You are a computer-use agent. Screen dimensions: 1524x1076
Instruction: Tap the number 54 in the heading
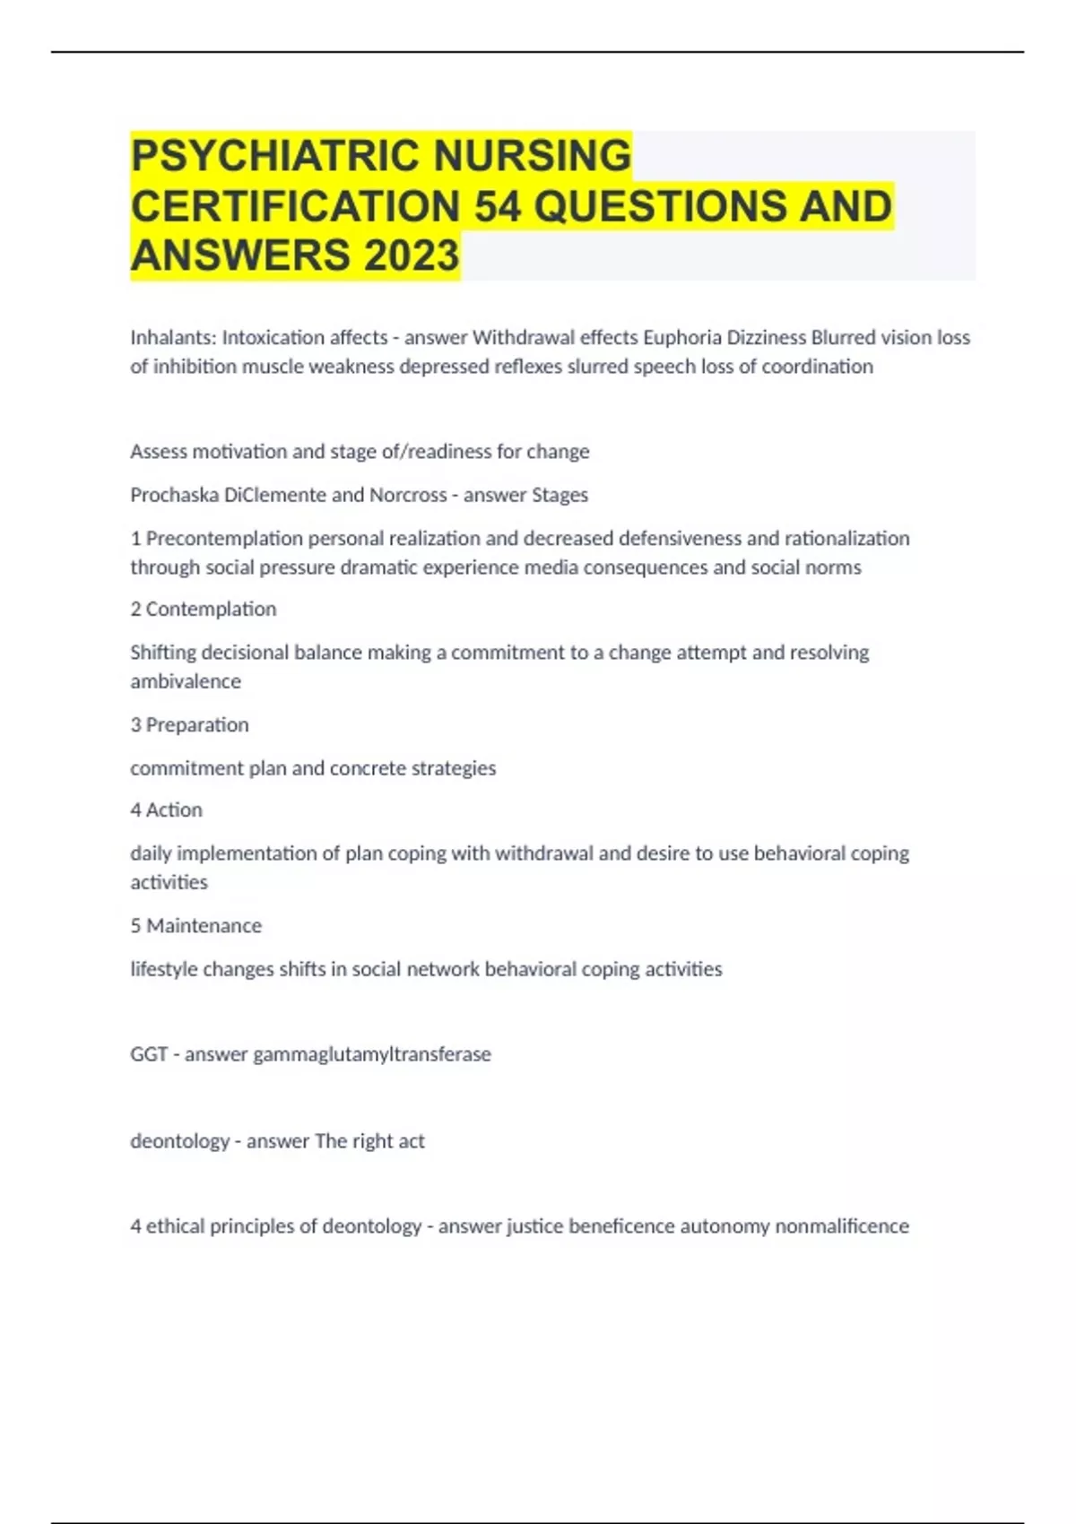click(499, 206)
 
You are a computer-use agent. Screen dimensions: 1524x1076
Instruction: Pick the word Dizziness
click(766, 338)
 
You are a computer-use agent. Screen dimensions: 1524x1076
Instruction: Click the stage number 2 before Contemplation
click(135, 610)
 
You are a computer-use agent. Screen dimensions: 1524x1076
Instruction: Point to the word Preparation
click(197, 725)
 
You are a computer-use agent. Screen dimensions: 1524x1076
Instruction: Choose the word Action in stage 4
click(174, 810)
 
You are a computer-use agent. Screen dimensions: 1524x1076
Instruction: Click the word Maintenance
click(204, 926)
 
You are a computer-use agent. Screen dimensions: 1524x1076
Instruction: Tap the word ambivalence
click(186, 682)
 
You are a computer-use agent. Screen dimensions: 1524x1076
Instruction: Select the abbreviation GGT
click(149, 1054)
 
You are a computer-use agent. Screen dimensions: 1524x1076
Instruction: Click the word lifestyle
click(164, 970)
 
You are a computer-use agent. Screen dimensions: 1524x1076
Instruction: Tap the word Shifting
click(163, 654)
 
